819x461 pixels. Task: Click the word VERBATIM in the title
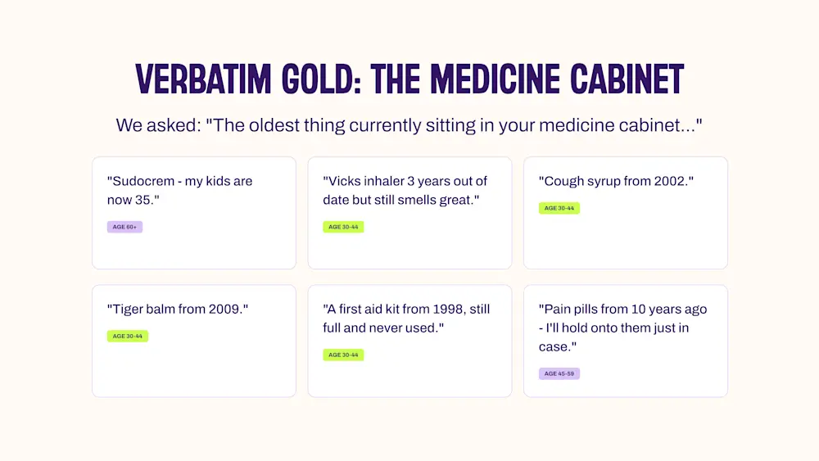[x=203, y=79]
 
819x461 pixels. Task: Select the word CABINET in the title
[x=627, y=79]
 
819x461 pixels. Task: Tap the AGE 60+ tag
[x=124, y=227]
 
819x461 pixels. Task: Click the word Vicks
[x=343, y=181]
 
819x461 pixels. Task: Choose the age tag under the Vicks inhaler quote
[x=343, y=227]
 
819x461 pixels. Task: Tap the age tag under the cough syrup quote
[x=559, y=208]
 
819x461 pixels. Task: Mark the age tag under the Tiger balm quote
[x=128, y=337]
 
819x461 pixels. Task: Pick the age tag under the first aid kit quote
[x=343, y=355]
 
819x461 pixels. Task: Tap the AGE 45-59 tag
[x=559, y=374]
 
